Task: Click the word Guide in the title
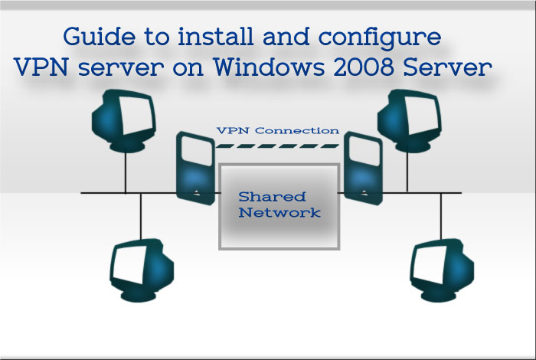click(x=100, y=38)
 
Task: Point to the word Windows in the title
click(x=269, y=67)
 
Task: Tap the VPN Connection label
click(x=278, y=131)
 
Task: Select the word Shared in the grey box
click(x=272, y=197)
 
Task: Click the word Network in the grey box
click(x=279, y=212)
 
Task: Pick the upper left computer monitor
click(x=124, y=120)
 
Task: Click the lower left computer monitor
click(x=142, y=270)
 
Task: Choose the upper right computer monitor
click(x=409, y=120)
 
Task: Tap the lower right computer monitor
click(x=442, y=270)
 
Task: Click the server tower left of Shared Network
click(x=195, y=169)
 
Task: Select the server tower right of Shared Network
click(x=363, y=169)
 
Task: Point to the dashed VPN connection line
click(x=277, y=146)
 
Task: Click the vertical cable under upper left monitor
click(x=126, y=172)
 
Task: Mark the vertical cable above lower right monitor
click(x=441, y=216)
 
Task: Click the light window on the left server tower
click(x=197, y=151)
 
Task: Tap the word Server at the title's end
click(x=447, y=67)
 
